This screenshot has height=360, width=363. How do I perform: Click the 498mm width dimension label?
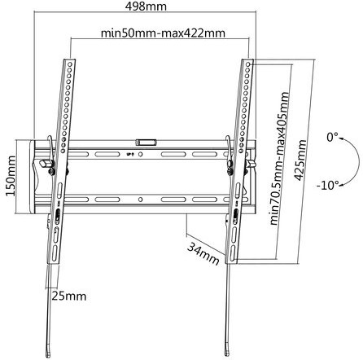(x=146, y=7)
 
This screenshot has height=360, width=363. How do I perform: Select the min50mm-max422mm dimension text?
(x=163, y=33)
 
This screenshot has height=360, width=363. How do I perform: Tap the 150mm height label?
(x=11, y=176)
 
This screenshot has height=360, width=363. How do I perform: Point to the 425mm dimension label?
(x=300, y=160)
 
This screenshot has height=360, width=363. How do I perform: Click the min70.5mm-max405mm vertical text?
(x=280, y=158)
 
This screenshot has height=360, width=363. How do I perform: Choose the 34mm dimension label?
(x=203, y=254)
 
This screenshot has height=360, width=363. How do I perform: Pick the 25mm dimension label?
(x=69, y=296)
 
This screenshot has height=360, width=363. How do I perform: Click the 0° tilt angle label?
(x=333, y=137)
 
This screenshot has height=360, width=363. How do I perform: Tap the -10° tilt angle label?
(x=328, y=186)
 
